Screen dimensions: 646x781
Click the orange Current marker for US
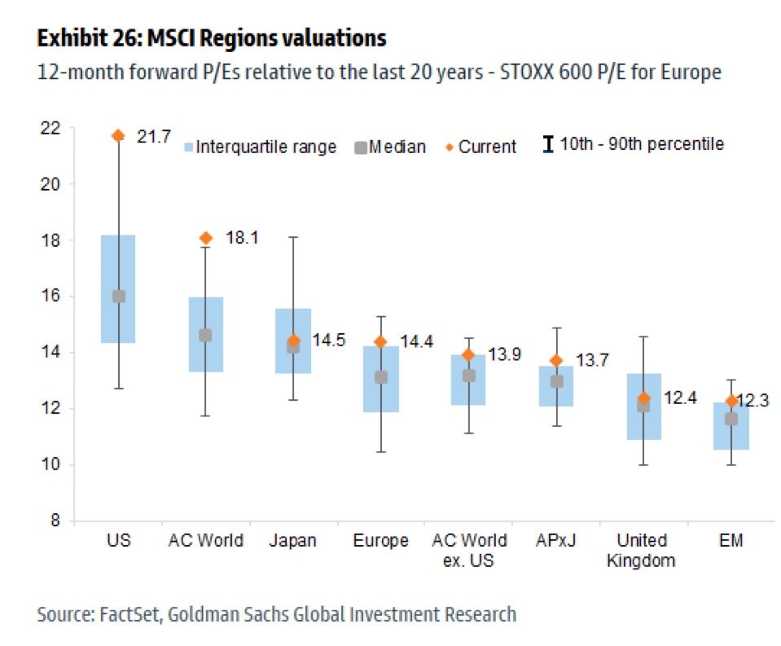tap(118, 135)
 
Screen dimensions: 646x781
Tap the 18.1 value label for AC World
tap(242, 239)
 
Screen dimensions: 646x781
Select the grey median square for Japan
tap(293, 347)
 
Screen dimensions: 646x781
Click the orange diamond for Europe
tap(380, 341)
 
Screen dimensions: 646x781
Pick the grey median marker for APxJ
tap(556, 380)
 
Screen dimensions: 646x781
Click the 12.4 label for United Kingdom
tap(680, 398)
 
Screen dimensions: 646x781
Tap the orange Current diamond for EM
tap(731, 401)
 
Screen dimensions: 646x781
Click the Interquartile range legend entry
tap(255, 147)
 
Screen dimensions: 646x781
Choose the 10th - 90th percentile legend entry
tap(634, 145)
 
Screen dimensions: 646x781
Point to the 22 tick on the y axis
tap(50, 128)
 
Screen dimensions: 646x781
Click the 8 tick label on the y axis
tap(55, 521)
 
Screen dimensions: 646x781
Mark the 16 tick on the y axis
tap(50, 297)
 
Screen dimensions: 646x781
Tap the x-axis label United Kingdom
tap(643, 550)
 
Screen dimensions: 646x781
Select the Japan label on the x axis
tap(293, 541)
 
